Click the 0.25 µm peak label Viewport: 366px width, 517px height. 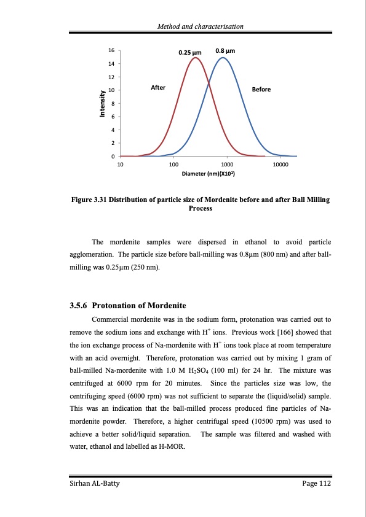coord(190,53)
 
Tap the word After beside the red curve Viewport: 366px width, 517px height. coord(158,88)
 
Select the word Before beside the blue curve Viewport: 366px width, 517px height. coord(261,90)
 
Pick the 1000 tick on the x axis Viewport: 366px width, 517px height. coord(226,165)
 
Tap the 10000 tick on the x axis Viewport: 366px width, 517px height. coord(280,165)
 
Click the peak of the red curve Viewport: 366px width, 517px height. coord(196,58)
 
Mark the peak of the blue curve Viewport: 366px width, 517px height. coord(224,58)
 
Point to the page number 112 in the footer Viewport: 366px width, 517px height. coord(324,484)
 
